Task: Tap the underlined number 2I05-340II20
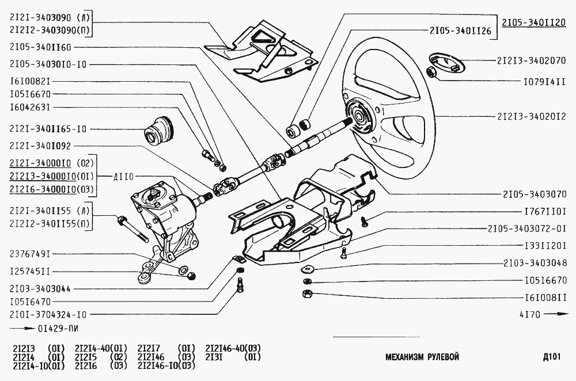[533, 23]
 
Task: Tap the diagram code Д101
[551, 357]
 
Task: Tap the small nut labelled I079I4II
[431, 73]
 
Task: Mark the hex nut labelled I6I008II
[307, 295]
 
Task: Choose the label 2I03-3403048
[533, 263]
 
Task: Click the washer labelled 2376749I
[183, 269]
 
